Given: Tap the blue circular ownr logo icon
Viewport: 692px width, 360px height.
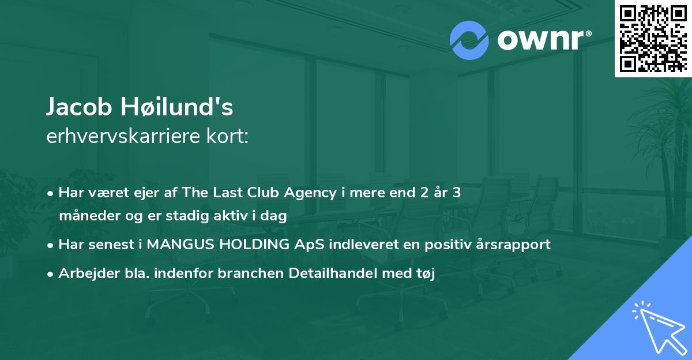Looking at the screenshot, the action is coord(469,40).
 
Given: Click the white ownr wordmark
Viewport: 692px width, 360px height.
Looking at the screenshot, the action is coord(544,40).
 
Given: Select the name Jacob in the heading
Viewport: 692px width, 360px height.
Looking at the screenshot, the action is coord(79,107).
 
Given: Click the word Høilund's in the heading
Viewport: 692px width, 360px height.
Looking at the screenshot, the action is coord(176,107).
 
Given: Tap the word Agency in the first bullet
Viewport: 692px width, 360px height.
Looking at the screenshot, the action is coord(310,193).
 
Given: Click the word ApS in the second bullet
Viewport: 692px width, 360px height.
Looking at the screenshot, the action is coord(309,245).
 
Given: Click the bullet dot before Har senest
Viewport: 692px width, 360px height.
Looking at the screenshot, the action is coord(50,246).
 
